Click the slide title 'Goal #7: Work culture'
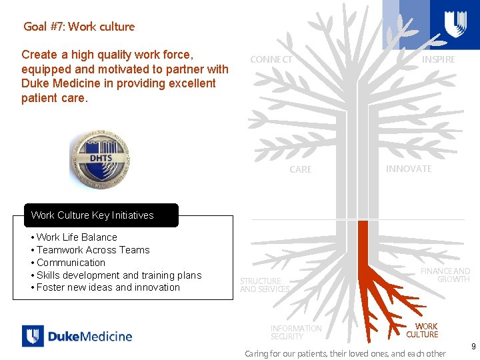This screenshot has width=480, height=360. click(x=79, y=27)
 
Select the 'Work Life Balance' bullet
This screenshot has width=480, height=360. click(x=77, y=237)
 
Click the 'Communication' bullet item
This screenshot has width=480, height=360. click(x=71, y=263)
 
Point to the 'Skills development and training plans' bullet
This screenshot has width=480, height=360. click(x=119, y=275)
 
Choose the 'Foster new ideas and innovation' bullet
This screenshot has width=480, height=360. click(x=108, y=287)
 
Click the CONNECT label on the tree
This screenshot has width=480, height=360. click(x=271, y=60)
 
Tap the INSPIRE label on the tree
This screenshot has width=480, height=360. click(x=438, y=59)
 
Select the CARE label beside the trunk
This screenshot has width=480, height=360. click(x=300, y=170)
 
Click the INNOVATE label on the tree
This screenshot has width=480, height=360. click(x=408, y=169)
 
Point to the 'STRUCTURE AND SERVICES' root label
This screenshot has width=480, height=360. click(x=264, y=285)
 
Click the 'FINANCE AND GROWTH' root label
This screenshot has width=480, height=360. click(x=445, y=275)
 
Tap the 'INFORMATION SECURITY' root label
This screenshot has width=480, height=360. click(x=296, y=332)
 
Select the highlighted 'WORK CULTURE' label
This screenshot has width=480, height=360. click(x=422, y=331)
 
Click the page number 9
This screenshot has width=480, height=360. click(x=473, y=347)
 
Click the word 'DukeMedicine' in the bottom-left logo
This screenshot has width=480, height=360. click(x=90, y=336)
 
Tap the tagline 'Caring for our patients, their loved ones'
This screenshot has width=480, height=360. click(x=345, y=353)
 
